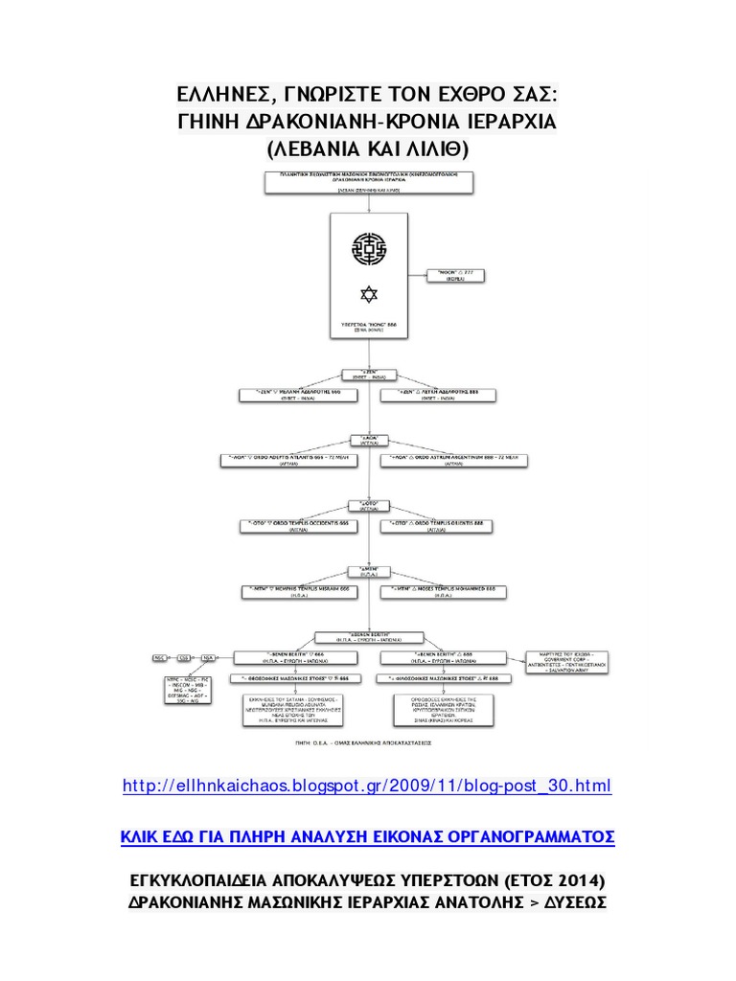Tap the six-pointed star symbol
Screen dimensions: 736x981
click(368, 292)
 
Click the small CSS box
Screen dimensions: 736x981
click(185, 658)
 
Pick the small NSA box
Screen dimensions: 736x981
click(208, 658)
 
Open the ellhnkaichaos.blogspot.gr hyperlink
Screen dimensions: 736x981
click(367, 787)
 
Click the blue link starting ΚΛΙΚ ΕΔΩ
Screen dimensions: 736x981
click(367, 836)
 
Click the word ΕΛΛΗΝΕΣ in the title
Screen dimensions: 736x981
click(224, 96)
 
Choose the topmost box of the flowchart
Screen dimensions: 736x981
click(368, 182)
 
